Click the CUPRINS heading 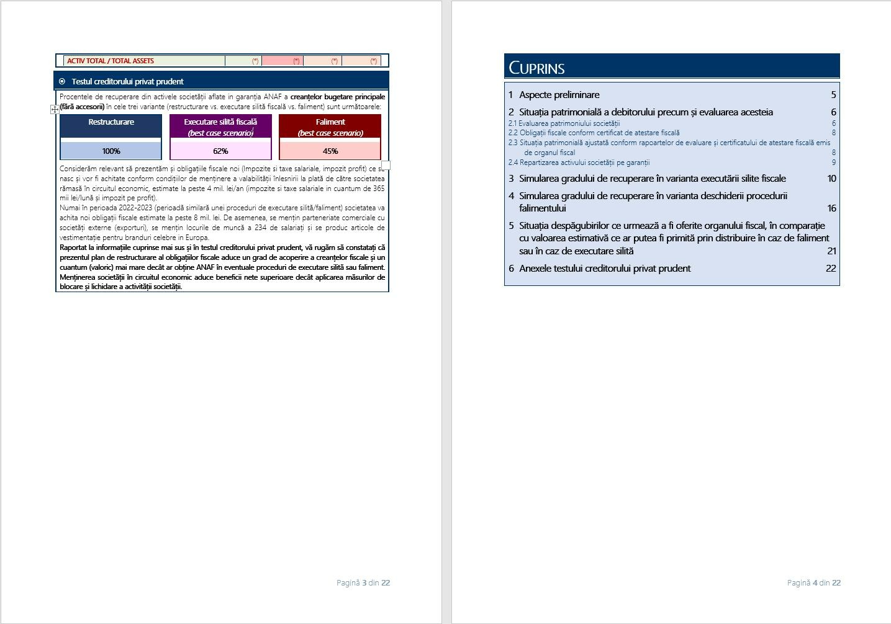point(536,68)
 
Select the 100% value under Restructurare point(111,151)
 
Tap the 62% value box point(220,151)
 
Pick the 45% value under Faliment point(330,151)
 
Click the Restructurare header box point(111,122)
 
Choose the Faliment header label point(330,122)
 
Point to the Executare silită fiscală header point(220,122)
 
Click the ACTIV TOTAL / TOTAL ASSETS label point(111,61)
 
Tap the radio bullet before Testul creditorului point(62,81)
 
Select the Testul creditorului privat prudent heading point(127,81)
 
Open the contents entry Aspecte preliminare point(559,95)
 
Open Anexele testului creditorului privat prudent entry point(604,269)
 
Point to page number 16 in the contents point(831,208)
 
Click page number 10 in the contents point(831,179)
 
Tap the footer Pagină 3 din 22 point(363,582)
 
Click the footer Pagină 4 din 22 point(813,582)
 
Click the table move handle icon point(55,109)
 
